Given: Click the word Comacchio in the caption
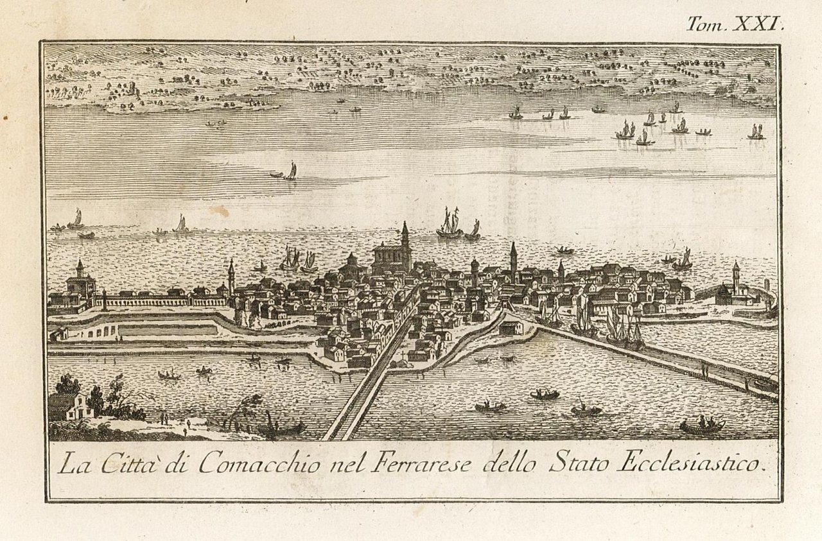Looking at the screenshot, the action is click(259, 463).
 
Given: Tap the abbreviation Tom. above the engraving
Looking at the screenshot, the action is click(706, 25).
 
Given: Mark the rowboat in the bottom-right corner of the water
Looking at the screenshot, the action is click(702, 425).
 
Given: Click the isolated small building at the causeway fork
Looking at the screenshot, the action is click(511, 328).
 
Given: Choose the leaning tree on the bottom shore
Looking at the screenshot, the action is click(247, 411).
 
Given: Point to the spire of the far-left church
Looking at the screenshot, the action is click(80, 268).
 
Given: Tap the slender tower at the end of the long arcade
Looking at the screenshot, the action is click(231, 276).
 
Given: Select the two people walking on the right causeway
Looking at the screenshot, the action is click(704, 370).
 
